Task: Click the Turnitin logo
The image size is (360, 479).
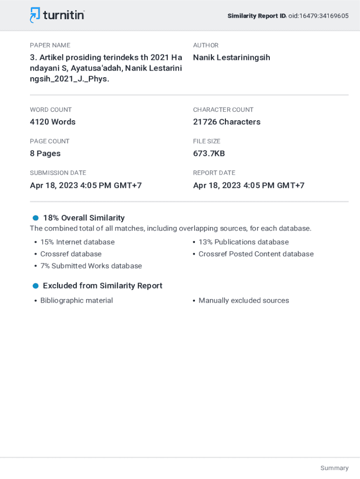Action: click(57, 15)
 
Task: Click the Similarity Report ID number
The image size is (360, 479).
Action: click(318, 16)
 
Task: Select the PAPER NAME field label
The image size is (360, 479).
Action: click(50, 45)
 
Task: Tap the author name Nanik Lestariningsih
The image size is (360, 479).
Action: click(231, 58)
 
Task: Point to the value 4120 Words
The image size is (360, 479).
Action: click(53, 122)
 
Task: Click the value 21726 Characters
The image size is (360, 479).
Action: click(227, 122)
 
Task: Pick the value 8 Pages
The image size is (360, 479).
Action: click(45, 153)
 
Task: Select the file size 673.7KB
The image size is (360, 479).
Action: click(209, 153)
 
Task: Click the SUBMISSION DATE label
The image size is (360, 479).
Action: click(58, 173)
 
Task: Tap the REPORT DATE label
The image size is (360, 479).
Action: click(214, 173)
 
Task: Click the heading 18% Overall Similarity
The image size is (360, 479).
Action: click(84, 218)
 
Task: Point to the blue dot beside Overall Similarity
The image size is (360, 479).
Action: click(35, 218)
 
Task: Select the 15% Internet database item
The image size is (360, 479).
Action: click(77, 242)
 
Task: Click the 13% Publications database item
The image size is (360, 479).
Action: click(244, 242)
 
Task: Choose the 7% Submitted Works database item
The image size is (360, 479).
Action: click(91, 266)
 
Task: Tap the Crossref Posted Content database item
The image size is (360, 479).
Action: click(256, 254)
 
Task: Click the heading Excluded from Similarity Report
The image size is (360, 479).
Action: click(102, 286)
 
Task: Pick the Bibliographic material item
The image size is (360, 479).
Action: click(76, 301)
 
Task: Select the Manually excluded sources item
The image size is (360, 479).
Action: click(244, 301)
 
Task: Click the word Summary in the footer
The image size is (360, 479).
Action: click(334, 468)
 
